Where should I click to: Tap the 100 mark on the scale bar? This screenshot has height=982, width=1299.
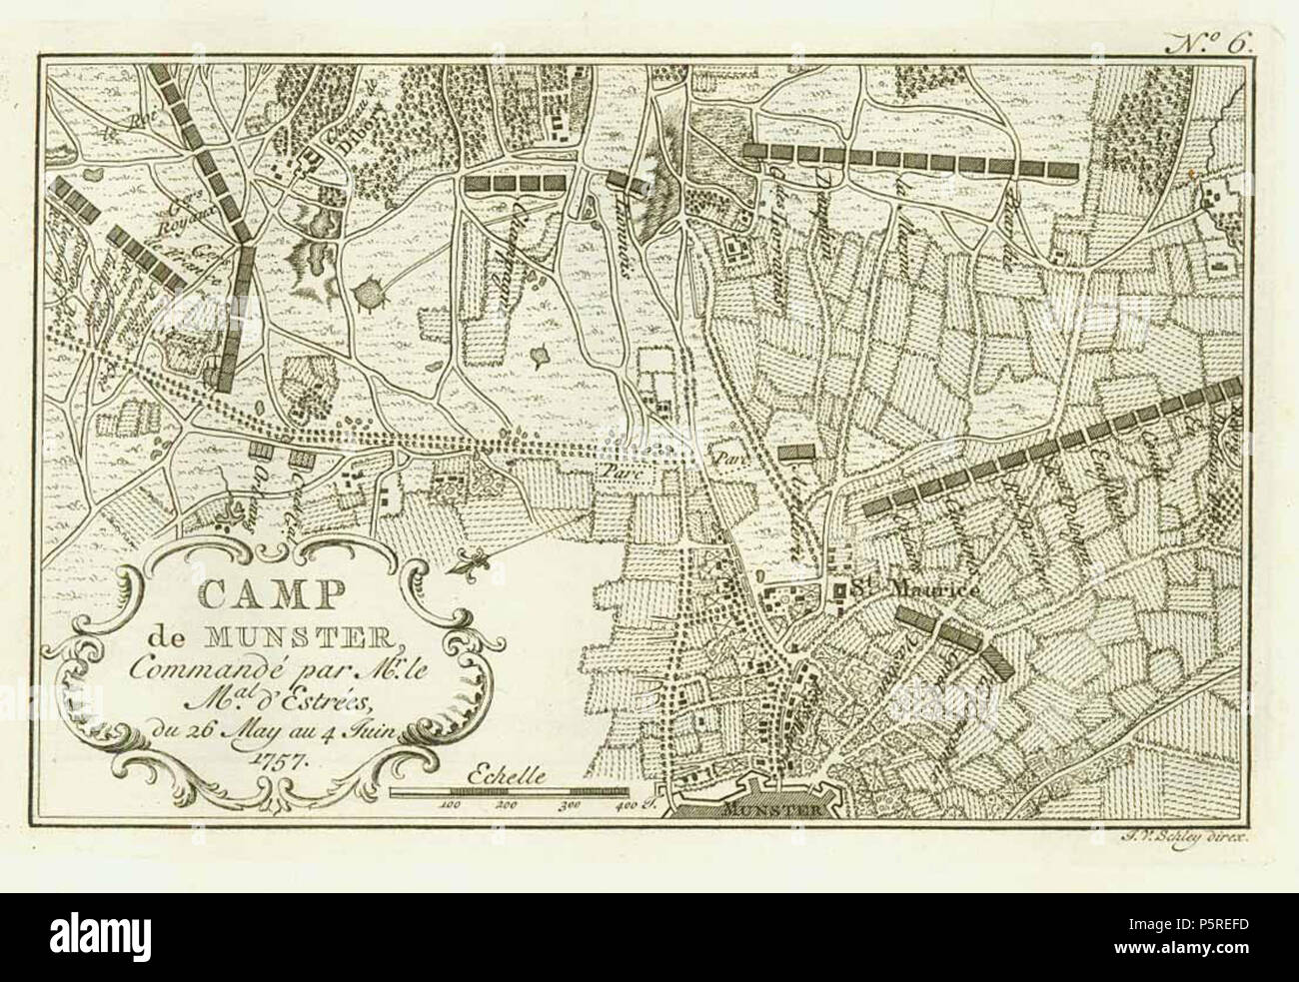click(x=449, y=803)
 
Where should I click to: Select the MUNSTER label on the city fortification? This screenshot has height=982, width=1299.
click(x=758, y=811)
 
